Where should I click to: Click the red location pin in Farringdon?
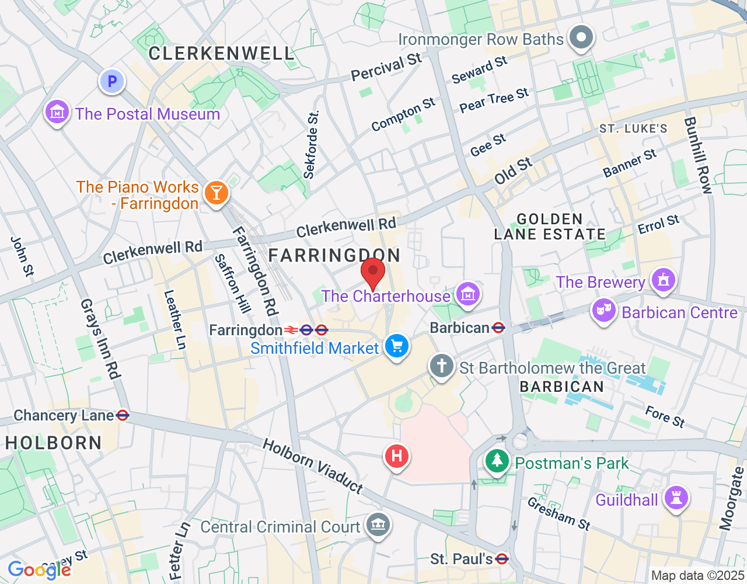click(373, 272)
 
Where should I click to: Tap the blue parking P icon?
click(112, 82)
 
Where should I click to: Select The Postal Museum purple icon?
click(57, 112)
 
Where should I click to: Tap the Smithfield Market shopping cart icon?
click(397, 346)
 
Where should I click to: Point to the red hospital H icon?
click(397, 455)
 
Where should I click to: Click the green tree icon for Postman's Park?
click(497, 461)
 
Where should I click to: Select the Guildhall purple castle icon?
click(676, 498)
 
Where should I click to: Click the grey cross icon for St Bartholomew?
click(442, 367)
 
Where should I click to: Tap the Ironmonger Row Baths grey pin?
click(581, 38)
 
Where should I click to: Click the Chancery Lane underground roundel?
click(123, 415)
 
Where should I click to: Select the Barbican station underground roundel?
click(498, 328)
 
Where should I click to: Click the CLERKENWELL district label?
click(221, 53)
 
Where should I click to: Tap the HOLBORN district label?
click(54, 443)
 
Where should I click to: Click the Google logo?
click(39, 570)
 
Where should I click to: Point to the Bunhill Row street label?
click(698, 155)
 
